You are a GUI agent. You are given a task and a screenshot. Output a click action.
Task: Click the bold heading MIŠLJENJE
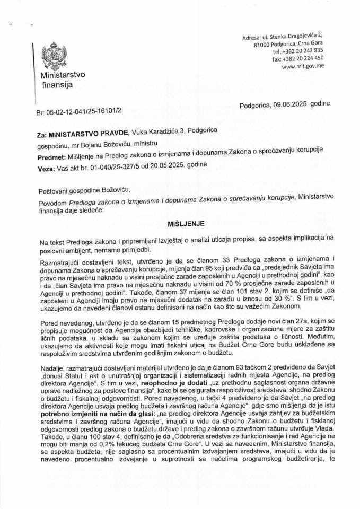pyautogui.click(x=180, y=225)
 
